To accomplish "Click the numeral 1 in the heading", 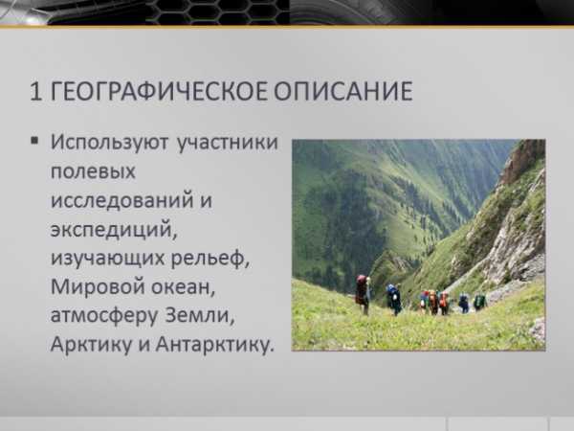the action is [x=36, y=91].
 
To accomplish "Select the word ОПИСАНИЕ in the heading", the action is [x=343, y=91].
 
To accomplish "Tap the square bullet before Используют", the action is [x=34, y=141].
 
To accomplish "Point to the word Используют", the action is [x=109, y=143].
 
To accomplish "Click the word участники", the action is [x=228, y=143].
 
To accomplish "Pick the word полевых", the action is [x=93, y=171].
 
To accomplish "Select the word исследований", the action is [x=122, y=200].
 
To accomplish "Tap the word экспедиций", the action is [x=114, y=230].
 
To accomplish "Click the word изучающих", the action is [x=108, y=259].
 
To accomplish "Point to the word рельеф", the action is [x=210, y=258].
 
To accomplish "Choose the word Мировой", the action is [x=98, y=286].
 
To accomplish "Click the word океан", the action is [x=183, y=287].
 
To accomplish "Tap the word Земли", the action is [x=199, y=315].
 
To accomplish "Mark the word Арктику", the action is [x=91, y=344].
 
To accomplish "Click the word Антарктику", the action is [x=215, y=344].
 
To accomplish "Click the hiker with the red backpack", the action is [x=363, y=294].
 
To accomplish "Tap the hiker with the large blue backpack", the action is [x=394, y=299].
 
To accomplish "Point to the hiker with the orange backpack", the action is [x=433, y=303].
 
